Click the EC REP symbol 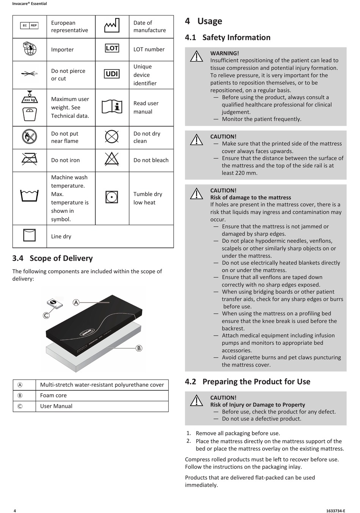pos(29,25)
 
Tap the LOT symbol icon pos(112,48)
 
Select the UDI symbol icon pos(112,74)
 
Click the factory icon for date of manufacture pos(112,26)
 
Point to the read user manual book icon pos(112,107)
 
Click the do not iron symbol pos(29,160)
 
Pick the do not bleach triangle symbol pos(112,160)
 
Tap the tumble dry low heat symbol pos(112,197)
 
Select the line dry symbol pos(29,235)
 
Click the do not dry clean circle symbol pos(112,136)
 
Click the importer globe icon pos(29,49)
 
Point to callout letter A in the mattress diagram pos(76,303)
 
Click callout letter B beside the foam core pos(139,348)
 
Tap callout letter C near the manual pos(46,315)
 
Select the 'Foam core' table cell pos(53,395)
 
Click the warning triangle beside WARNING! pos(196,56)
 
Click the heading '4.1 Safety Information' pos(228,38)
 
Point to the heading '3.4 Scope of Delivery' pos(53,258)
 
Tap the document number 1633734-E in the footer pos(335,510)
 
